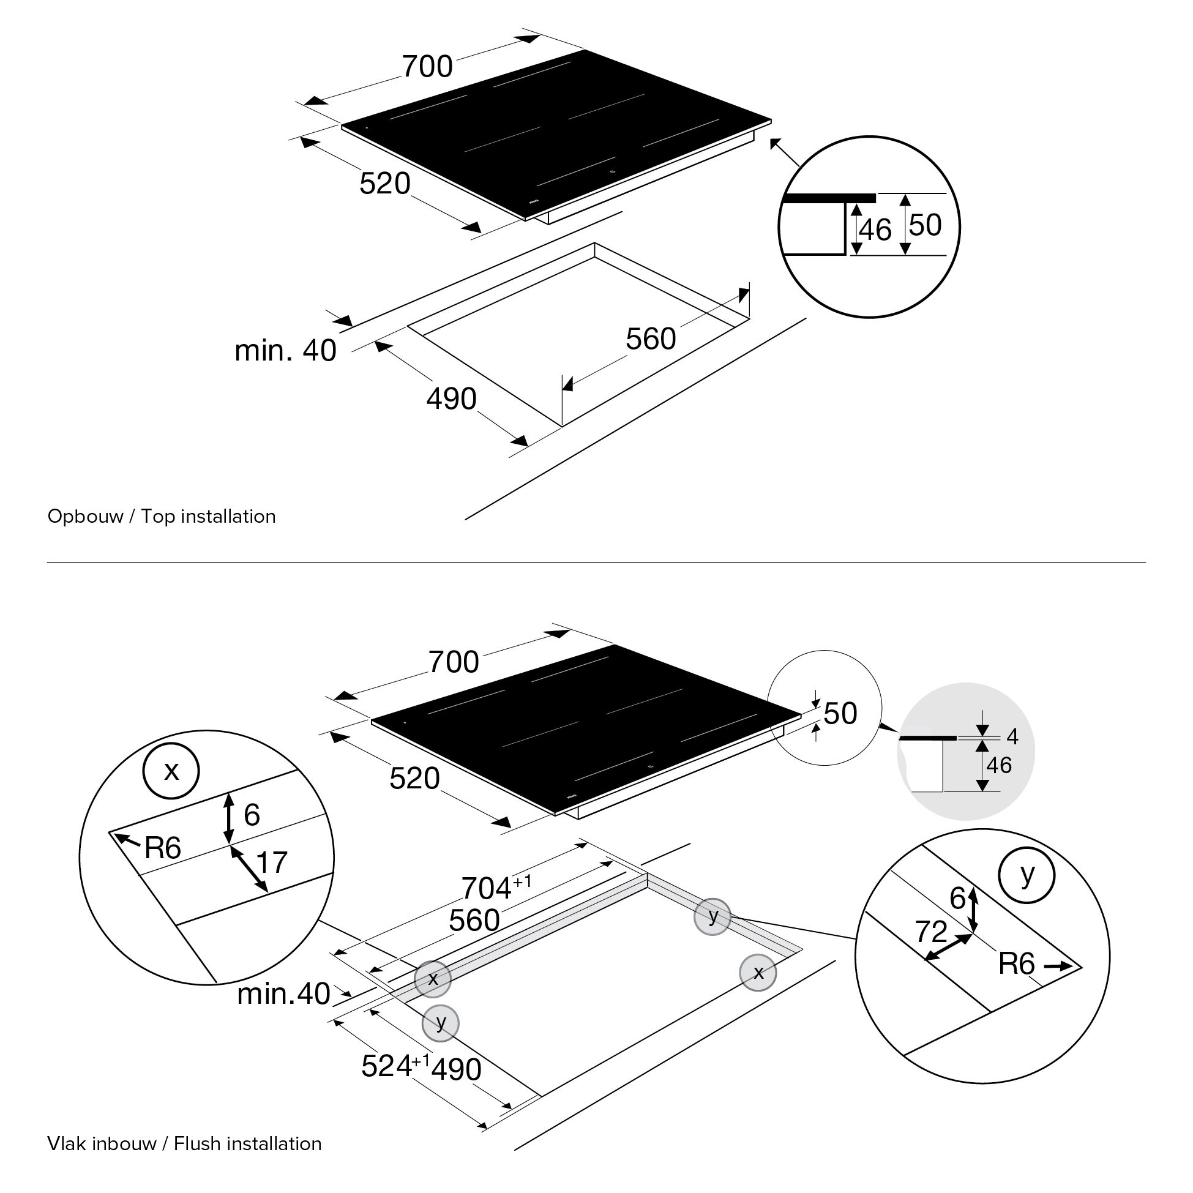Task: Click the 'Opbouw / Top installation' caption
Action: [161, 516]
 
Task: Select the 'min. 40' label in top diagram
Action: [285, 350]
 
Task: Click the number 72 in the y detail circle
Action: [931, 932]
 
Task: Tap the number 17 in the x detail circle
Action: [272, 862]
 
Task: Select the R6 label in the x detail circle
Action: [162, 848]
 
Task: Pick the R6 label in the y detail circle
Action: [1016, 963]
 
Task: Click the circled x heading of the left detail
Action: [171, 771]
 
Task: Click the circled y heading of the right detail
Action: [1027, 873]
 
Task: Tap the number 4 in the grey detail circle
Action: [1012, 736]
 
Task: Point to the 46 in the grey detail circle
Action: [999, 765]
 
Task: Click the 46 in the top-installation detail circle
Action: [875, 230]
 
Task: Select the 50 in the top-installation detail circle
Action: [925, 225]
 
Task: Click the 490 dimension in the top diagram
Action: [451, 399]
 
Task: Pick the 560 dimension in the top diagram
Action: [651, 339]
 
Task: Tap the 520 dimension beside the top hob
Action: [384, 184]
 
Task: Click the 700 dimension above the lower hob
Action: [454, 662]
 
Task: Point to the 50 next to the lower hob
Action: [840, 713]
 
